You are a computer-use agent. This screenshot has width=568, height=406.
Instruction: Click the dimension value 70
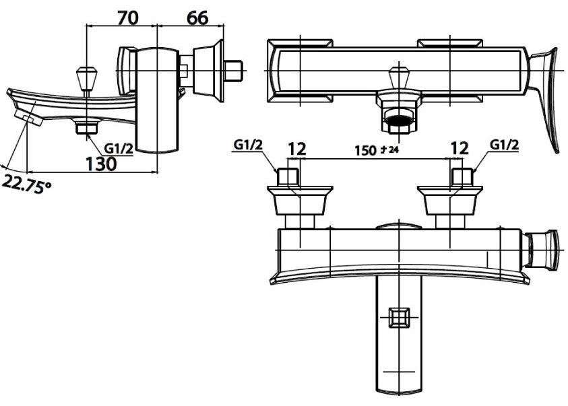click(128, 18)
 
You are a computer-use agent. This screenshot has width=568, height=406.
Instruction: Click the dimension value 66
click(197, 18)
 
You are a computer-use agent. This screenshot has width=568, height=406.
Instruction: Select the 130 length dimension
click(101, 163)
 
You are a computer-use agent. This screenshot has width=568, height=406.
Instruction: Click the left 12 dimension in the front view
click(296, 148)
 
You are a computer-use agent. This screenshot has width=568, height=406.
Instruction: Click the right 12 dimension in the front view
click(460, 148)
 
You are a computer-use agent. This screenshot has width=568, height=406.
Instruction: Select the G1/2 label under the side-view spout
click(119, 148)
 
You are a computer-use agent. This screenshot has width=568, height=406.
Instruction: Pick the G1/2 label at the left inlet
click(247, 145)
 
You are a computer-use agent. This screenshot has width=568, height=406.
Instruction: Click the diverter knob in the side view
click(86, 77)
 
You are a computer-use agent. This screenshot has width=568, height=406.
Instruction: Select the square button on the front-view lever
click(400, 315)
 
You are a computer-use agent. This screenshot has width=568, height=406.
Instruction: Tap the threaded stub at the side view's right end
click(234, 71)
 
